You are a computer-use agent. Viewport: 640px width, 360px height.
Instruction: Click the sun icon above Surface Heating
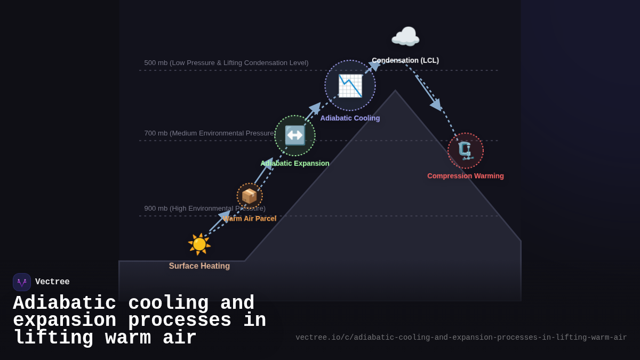click(199, 244)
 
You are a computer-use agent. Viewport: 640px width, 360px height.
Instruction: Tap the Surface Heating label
click(199, 266)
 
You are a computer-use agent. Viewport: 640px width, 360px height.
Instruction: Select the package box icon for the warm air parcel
click(250, 196)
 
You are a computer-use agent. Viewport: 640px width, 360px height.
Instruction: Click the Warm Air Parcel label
click(250, 219)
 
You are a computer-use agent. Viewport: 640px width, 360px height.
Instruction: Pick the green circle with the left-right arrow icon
click(295, 135)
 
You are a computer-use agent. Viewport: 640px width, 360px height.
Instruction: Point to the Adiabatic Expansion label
click(295, 163)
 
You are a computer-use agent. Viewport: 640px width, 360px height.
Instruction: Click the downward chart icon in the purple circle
click(350, 85)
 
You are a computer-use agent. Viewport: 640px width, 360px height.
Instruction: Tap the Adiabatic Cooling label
click(350, 118)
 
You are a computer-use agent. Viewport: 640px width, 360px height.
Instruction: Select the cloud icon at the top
click(405, 37)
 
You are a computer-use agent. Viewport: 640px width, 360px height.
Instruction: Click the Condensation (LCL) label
click(405, 60)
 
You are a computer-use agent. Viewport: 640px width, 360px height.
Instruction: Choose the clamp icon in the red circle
click(466, 151)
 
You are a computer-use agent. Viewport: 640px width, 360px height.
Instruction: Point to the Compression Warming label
click(466, 176)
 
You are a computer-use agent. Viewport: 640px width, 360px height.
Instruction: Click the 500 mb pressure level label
click(226, 63)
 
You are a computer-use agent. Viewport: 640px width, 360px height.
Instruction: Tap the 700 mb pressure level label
click(209, 133)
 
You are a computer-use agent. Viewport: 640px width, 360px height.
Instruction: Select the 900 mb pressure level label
click(205, 209)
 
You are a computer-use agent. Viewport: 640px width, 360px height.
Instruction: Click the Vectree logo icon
click(22, 282)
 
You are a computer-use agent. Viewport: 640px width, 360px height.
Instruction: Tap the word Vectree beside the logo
click(52, 282)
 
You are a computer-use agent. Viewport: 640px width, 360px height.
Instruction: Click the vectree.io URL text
click(461, 338)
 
